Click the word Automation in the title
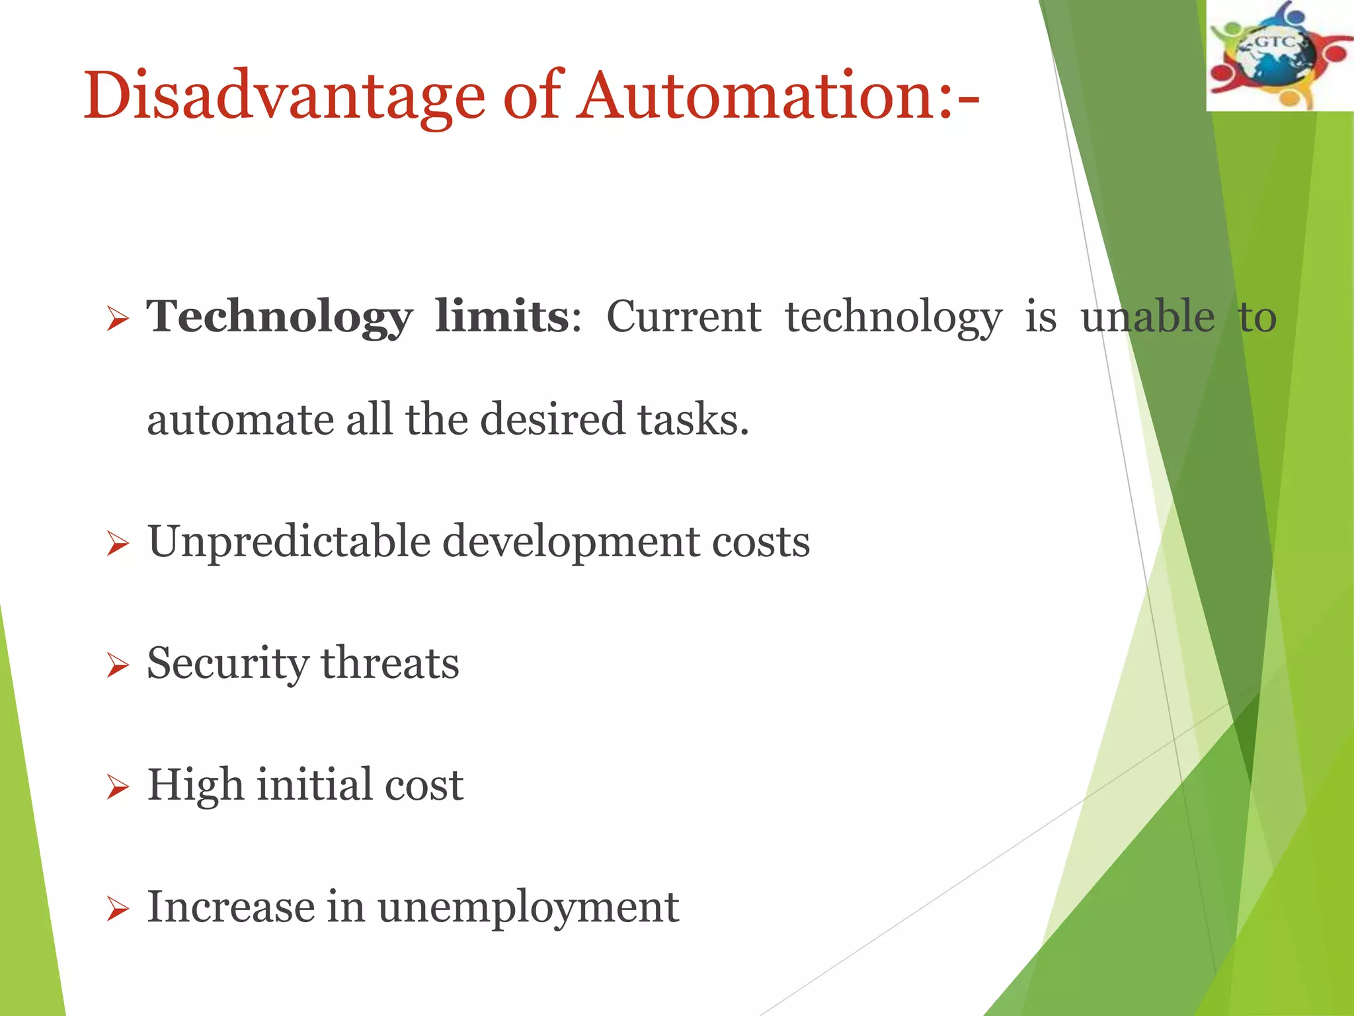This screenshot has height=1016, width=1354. tap(754, 96)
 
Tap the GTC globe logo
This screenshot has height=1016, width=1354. tap(1279, 56)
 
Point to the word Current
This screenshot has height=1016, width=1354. tap(684, 317)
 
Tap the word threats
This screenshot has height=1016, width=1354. tap(390, 663)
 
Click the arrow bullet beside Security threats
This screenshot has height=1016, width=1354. tap(117, 665)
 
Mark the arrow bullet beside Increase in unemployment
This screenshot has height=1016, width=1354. tap(117, 910)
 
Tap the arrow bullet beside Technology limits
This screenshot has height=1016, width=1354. tap(117, 320)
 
